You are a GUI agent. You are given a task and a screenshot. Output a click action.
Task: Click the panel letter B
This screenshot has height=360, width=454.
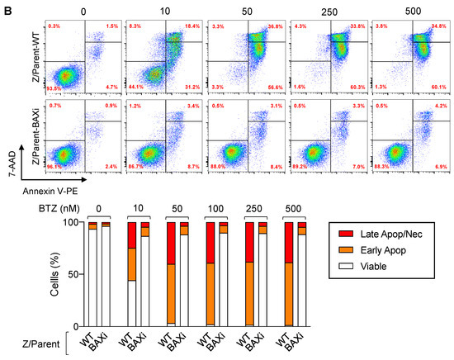[7, 7]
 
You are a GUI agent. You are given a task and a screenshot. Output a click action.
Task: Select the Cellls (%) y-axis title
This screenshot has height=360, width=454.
[50, 273]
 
